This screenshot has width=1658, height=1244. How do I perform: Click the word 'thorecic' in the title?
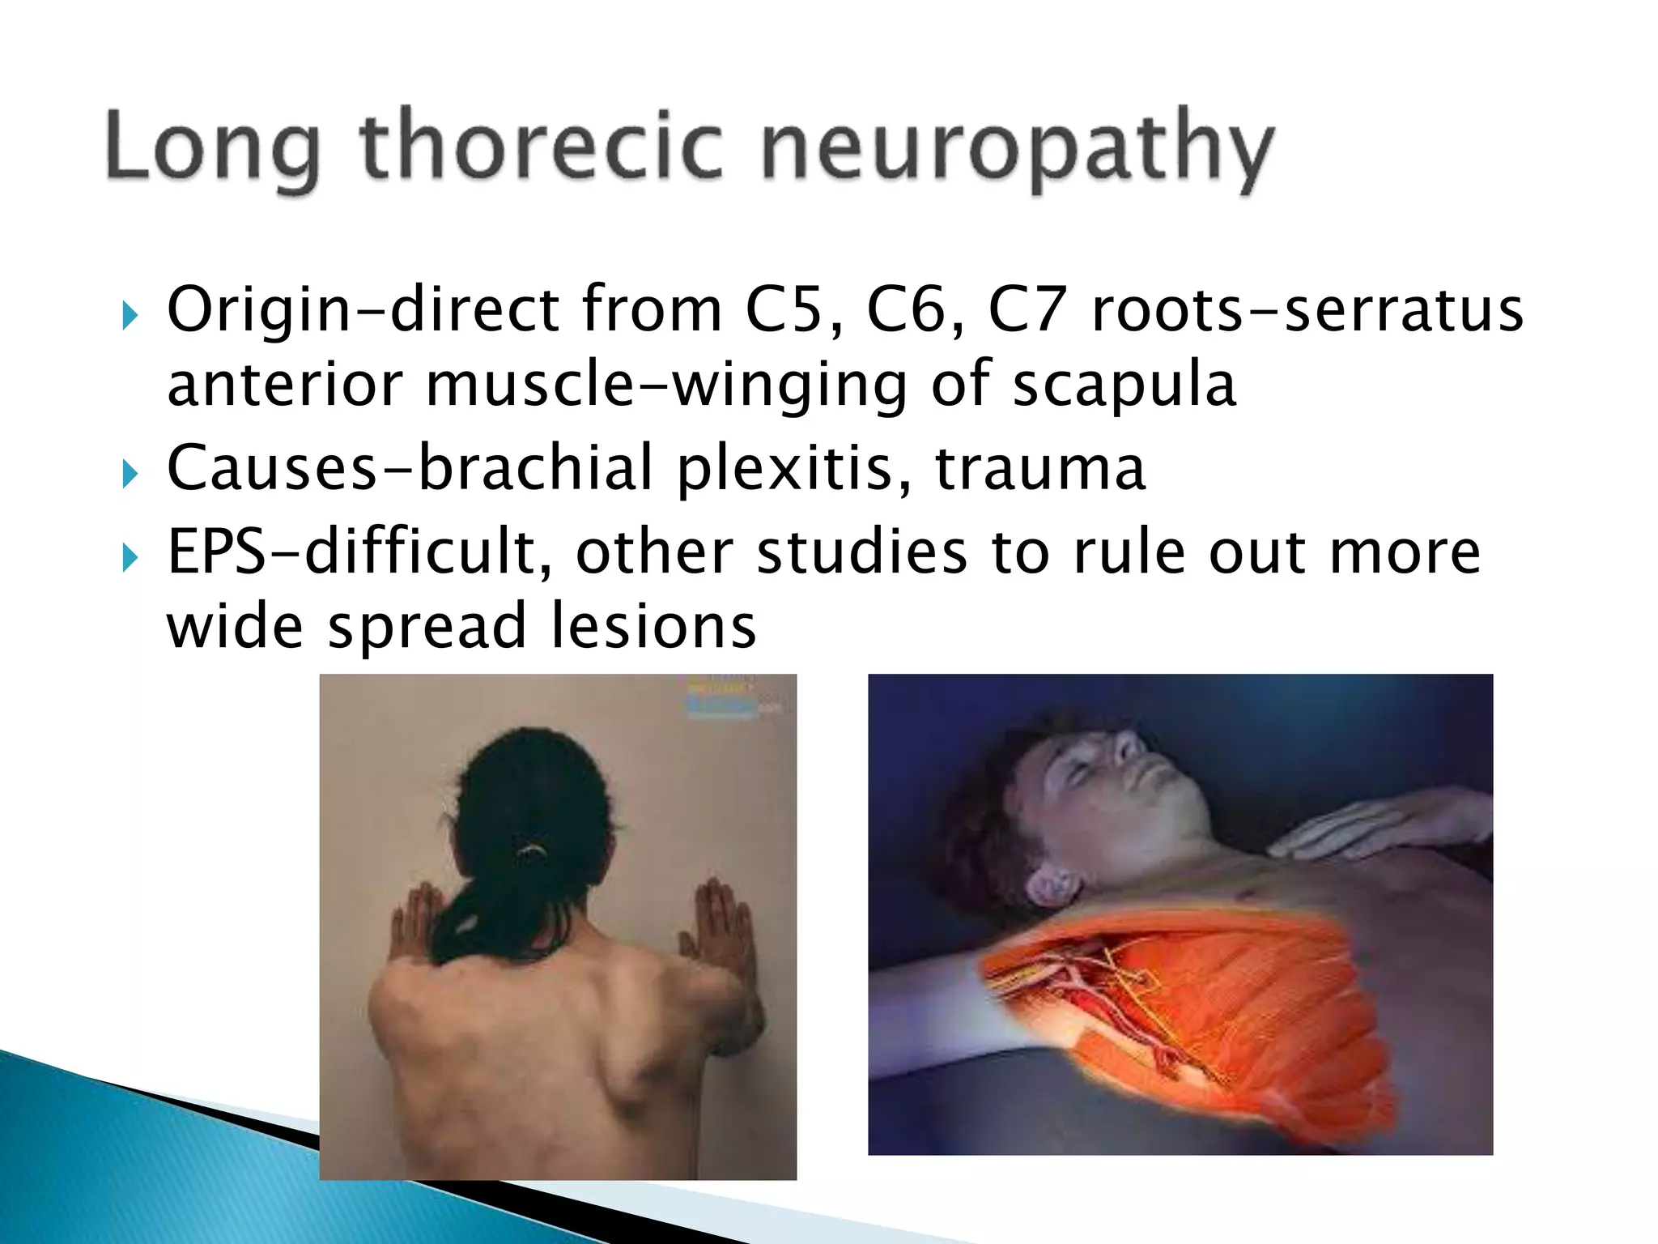click(x=541, y=146)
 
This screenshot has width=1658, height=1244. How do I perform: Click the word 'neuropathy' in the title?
click(x=1017, y=149)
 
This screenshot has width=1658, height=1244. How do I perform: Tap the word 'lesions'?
click(x=653, y=627)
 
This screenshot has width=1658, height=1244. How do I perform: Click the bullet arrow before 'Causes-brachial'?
click(x=130, y=473)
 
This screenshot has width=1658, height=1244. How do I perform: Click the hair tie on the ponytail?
click(x=533, y=850)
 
